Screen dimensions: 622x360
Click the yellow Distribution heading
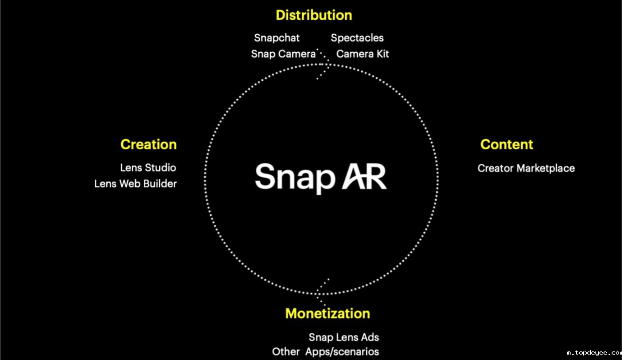314,15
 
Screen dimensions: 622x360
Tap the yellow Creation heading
148,144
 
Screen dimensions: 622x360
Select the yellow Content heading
507,144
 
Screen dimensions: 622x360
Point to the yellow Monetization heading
327,314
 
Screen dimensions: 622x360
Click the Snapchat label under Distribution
277,38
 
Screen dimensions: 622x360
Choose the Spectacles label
357,38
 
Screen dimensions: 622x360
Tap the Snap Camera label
283,54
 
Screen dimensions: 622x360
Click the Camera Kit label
362,54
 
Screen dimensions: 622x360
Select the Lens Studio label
148,167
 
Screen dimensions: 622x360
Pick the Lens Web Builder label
135,184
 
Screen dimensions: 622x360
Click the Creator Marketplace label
526,168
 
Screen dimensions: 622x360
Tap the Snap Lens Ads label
344,337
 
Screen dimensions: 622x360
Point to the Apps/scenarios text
342,352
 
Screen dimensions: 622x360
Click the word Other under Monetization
286,352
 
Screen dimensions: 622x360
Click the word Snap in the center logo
295,178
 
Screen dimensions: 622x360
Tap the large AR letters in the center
364,176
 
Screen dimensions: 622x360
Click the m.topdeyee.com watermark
594,353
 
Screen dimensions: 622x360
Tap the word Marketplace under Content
546,168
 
